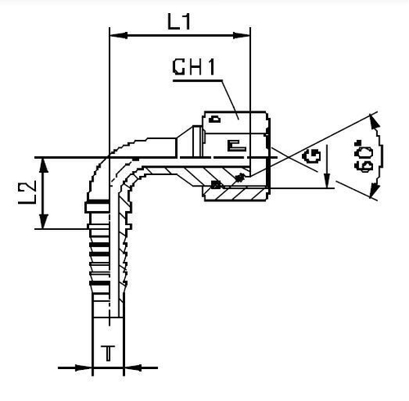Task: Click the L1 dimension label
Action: point(181,22)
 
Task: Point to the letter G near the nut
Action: point(312,156)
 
